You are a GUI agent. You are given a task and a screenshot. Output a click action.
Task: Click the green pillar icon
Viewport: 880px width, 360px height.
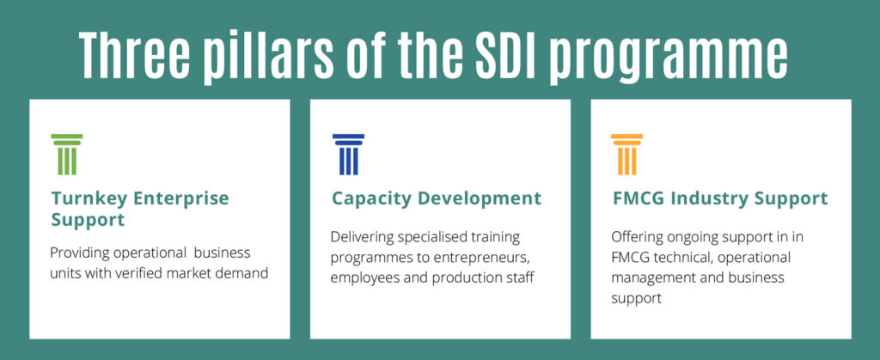coord(67,154)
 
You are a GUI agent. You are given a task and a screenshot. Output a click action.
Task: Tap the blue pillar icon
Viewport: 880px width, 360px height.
coord(348,154)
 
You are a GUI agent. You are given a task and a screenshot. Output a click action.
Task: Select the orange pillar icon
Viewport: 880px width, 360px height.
coord(626,154)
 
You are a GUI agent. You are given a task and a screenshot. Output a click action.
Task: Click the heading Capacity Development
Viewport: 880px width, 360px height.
coord(437,198)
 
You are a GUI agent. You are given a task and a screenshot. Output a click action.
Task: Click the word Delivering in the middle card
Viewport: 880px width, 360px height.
coord(364,237)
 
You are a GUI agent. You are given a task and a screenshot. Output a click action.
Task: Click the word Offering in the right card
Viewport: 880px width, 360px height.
coord(637,237)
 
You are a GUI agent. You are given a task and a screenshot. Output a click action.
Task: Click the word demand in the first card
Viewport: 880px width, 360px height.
coord(245,273)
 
